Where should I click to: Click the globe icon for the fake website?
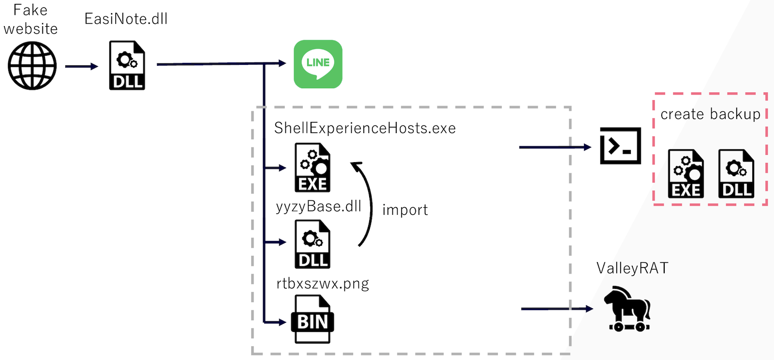coord(32,66)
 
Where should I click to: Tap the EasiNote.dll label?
coord(126,19)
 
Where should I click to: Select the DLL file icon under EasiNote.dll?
coord(127,66)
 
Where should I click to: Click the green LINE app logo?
coord(318,64)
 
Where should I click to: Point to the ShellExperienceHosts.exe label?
coord(365,128)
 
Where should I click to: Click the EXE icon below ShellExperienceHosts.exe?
coord(313,167)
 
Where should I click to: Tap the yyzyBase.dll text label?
coord(318,207)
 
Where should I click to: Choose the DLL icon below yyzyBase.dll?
coord(313,244)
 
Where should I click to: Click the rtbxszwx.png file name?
coord(323,283)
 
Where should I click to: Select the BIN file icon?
coord(313,319)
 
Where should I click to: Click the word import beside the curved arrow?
coord(405,210)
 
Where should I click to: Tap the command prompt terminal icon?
coord(620,146)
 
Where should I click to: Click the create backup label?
coord(710,114)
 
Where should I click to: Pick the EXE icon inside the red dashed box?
coord(685,174)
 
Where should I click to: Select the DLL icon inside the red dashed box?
coord(736,174)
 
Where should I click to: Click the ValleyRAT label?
coord(632,268)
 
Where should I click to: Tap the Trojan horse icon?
coord(627,308)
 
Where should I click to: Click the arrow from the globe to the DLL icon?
coord(81,66)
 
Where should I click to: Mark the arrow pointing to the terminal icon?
coord(555,147)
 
